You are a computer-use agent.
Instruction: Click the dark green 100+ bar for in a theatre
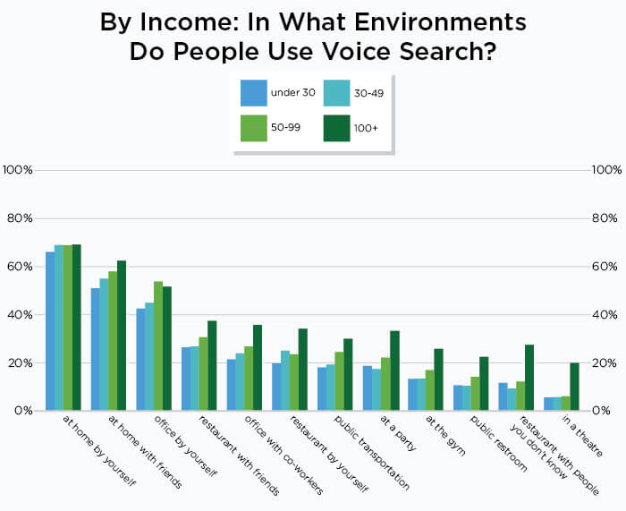pyautogui.click(x=574, y=387)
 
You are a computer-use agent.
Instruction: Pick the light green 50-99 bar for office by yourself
pyautogui.click(x=158, y=345)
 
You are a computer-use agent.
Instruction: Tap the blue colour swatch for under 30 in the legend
pyautogui.click(x=254, y=92)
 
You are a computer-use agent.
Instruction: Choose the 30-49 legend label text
pyautogui.click(x=370, y=92)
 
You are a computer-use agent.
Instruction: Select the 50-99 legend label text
pyautogui.click(x=285, y=128)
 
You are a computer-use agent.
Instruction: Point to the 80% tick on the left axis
pyautogui.click(x=19, y=218)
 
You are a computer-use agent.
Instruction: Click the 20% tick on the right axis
pyautogui.click(x=606, y=363)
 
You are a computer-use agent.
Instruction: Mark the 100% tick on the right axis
pyautogui.click(x=606, y=170)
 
